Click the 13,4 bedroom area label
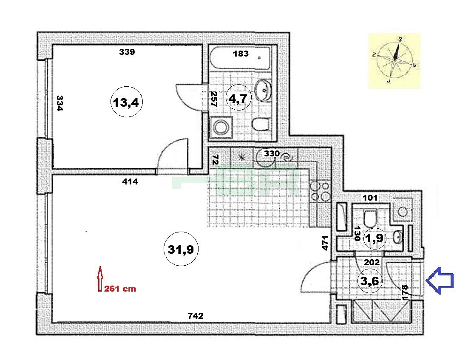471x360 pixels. pos(126,102)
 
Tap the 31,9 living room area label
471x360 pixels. pos(181,249)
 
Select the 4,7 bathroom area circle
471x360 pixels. pos(238,98)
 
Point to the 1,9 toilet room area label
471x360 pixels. pos(374,238)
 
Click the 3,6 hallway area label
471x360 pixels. pos(369,281)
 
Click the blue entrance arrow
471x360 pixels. pos(440,281)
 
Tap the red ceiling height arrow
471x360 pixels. pos(100,279)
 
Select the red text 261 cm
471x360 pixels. pos(120,289)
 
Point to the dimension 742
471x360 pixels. pos(196,315)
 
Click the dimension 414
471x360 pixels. pos(130,181)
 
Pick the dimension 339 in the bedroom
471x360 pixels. pos(127,52)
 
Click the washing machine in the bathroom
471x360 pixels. pos(221,128)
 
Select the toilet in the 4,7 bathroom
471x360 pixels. pos(261,124)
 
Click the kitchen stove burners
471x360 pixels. pos(320,191)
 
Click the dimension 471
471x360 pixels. pos(325,243)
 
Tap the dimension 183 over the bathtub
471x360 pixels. pos(241,54)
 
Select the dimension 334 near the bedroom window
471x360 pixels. pos(60,103)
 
